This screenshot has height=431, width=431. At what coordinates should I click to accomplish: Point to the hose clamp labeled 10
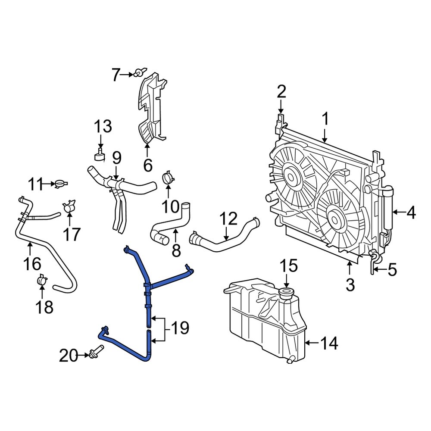pos(168,178)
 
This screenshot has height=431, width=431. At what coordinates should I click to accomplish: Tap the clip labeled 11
pos(61,184)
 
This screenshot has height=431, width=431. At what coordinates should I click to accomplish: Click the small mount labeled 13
pos(100,155)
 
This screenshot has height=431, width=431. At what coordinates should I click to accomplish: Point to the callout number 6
pos(147,165)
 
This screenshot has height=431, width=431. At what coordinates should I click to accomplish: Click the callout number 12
pos(228,219)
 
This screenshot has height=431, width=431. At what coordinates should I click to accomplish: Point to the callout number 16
pos(33,263)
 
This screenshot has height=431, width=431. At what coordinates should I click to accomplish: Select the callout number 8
pos(176,251)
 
